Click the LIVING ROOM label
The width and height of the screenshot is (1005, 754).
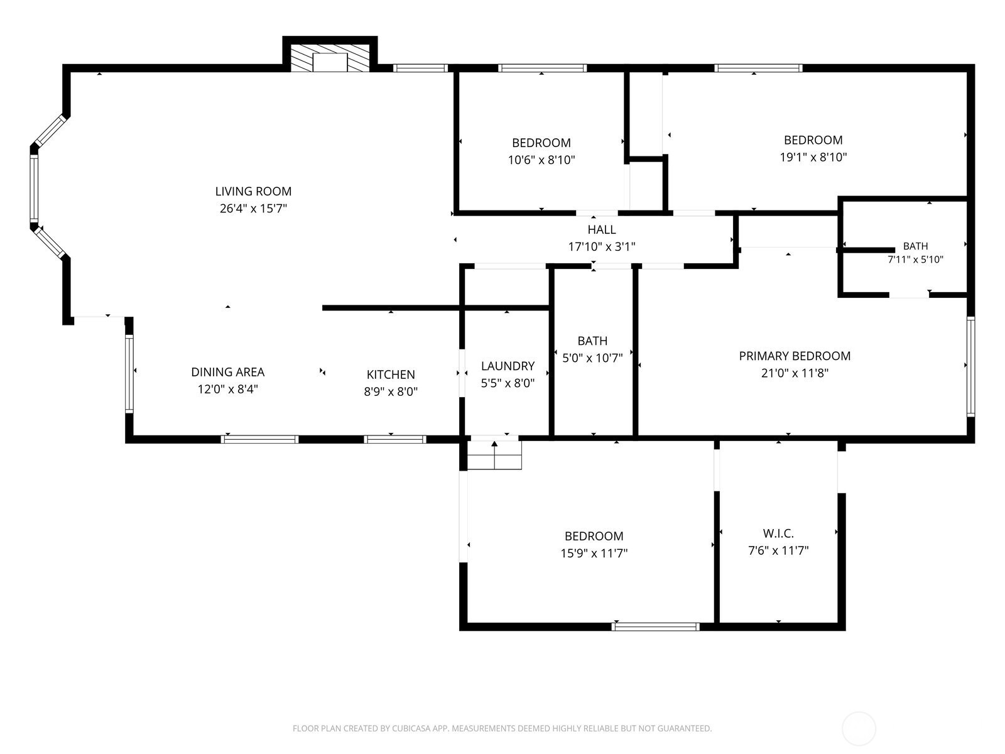[x=253, y=192]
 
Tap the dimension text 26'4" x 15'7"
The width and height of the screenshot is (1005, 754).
[x=253, y=209]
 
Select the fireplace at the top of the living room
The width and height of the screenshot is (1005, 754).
[x=330, y=58]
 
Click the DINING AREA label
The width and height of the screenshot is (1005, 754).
[x=227, y=372]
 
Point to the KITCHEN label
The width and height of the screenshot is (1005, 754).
[x=391, y=374]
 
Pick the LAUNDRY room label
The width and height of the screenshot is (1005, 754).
[x=508, y=366]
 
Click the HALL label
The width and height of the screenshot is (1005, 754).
[x=602, y=229]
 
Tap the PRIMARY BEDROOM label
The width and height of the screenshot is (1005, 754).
[x=795, y=356]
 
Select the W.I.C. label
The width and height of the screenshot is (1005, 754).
[x=778, y=533]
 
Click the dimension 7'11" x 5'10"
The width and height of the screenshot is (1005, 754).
[x=916, y=260]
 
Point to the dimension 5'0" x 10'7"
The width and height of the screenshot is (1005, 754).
[x=592, y=358]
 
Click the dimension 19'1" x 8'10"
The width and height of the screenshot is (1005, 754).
[x=813, y=157]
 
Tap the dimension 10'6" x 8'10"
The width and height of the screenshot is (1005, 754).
[x=541, y=160]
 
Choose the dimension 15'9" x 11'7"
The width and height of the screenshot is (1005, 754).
[x=594, y=553]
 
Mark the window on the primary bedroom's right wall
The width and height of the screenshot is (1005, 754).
[x=970, y=366]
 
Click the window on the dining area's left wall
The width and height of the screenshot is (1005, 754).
[x=129, y=374]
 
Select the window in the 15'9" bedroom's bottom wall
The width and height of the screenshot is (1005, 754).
[x=656, y=626]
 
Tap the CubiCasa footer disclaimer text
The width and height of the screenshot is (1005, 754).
[x=503, y=728]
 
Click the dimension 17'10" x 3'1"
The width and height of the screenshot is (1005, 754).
[x=602, y=247]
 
